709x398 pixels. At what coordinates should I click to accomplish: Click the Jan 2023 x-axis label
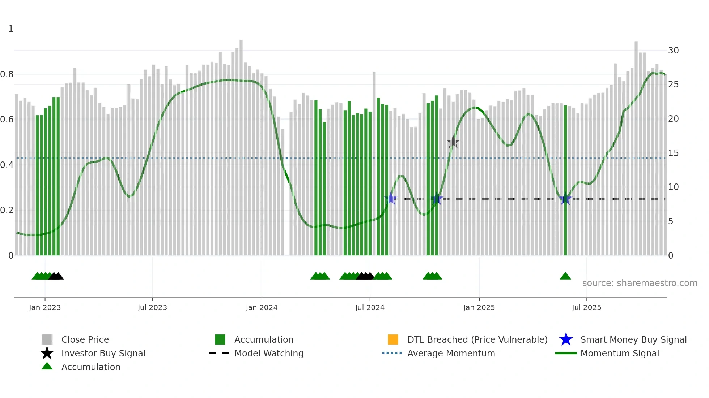[45, 307]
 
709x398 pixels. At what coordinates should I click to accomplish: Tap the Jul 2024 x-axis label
[370, 307]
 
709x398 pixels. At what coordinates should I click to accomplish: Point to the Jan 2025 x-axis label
[479, 307]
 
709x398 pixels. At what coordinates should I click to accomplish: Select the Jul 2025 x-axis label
[586, 307]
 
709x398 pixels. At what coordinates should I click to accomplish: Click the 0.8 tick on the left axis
[7, 74]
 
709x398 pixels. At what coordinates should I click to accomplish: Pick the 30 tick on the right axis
[673, 51]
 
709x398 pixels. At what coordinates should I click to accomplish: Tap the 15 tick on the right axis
[673, 153]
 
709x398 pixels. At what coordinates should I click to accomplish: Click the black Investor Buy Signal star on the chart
[453, 142]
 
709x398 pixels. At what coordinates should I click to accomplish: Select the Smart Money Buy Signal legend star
[566, 339]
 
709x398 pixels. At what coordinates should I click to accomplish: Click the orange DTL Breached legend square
[393, 339]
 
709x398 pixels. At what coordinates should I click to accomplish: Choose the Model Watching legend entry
[269, 353]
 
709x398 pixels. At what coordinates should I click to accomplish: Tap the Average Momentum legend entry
[451, 353]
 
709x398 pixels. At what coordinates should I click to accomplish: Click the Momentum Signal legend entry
[620, 353]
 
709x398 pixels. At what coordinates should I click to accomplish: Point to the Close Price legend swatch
[47, 339]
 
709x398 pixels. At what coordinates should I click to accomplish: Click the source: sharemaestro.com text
[640, 283]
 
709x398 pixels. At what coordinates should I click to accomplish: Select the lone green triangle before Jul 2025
[565, 276]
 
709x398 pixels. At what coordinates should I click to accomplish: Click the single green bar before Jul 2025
[565, 181]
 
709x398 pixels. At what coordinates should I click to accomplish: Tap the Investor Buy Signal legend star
[47, 353]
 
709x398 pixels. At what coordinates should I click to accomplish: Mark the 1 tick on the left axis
[11, 29]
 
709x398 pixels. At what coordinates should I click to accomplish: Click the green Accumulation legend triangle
[47, 366]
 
